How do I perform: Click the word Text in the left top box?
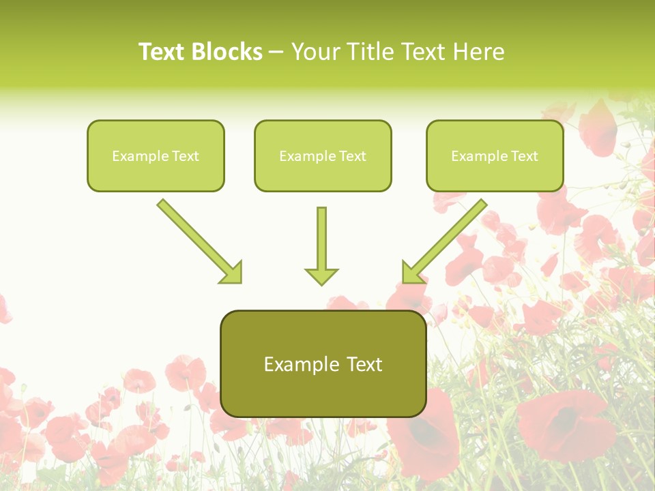coord(185,156)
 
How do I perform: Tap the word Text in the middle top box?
coord(352,156)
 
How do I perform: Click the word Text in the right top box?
coord(524,156)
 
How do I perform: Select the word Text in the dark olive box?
coord(365,364)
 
